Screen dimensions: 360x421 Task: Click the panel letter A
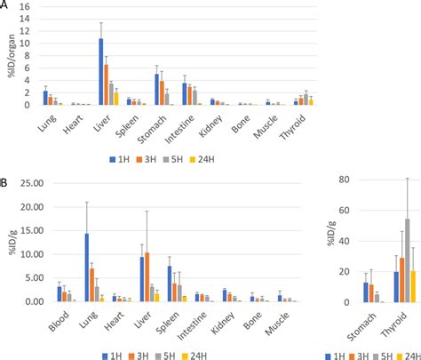(4, 5)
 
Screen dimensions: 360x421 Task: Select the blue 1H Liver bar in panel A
(101, 72)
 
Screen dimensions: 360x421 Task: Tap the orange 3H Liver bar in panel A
(107, 84)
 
